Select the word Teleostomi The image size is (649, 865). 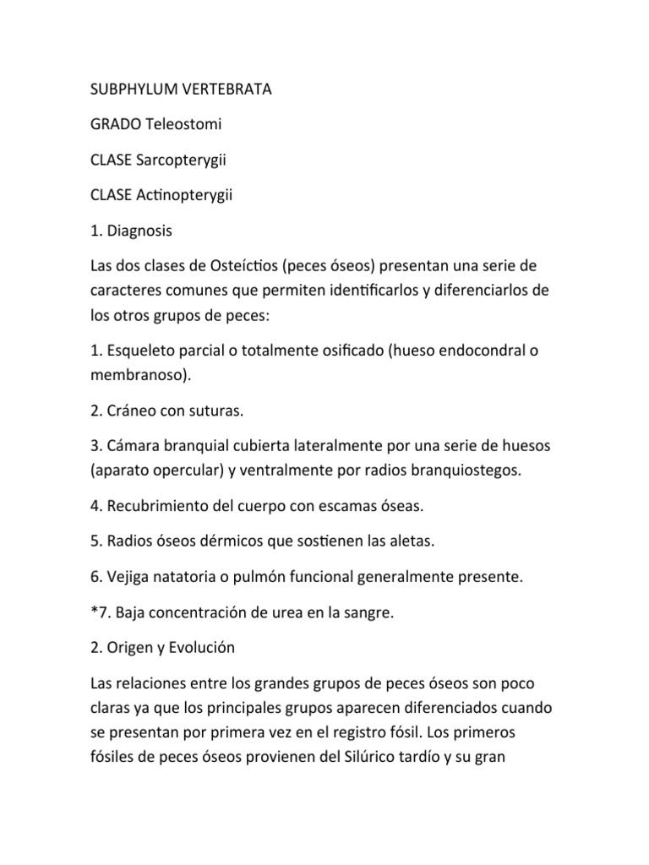pos(184,124)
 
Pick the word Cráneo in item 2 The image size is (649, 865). pos(133,411)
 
